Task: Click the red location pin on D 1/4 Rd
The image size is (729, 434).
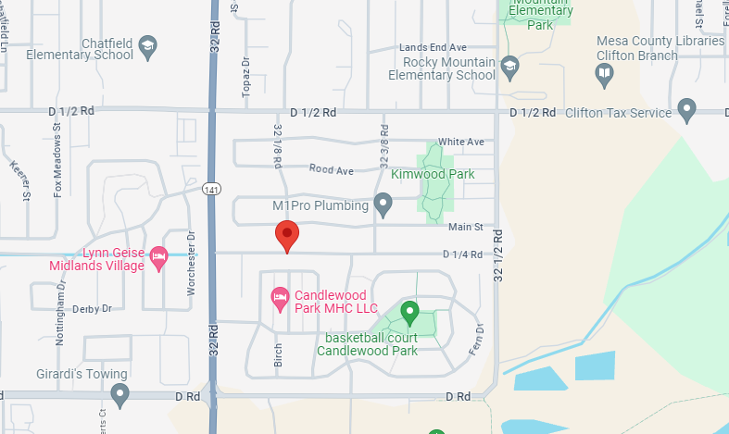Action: pos(287,235)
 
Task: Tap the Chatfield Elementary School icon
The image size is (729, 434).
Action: pos(147,45)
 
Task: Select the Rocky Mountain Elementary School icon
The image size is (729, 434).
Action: pos(509,67)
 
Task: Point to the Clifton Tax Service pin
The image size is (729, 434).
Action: pos(686,111)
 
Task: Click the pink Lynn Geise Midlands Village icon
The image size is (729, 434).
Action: pos(158,257)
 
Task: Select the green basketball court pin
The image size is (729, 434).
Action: pos(408,313)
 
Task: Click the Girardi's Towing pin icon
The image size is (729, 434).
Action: pos(119,395)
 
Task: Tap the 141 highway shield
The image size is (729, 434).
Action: pos(212,189)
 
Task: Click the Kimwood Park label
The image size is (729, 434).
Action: pos(433,174)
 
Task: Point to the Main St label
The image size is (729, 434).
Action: pos(466,227)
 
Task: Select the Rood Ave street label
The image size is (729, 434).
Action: pos(332,171)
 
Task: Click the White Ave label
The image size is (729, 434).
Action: pos(461,142)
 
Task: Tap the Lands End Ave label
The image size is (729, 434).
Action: pos(433,47)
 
